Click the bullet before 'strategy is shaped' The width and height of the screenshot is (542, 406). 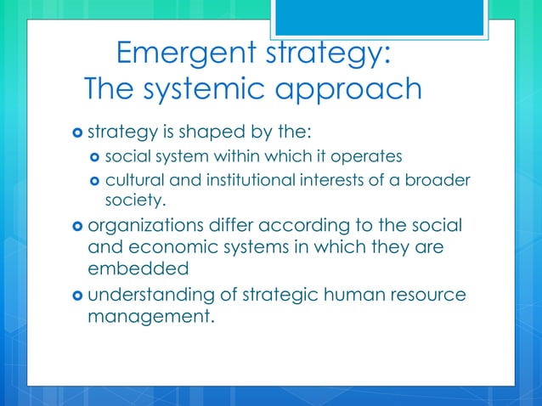(x=76, y=133)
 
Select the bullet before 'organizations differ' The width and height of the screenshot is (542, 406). (x=76, y=227)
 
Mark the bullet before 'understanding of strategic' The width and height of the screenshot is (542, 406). (x=76, y=297)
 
